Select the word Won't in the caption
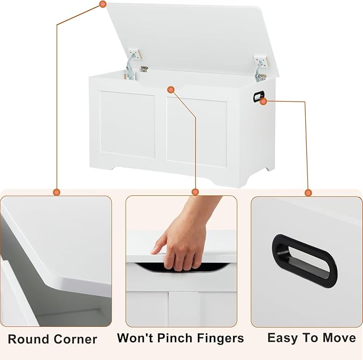coord(135,338)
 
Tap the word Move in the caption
coord(339,338)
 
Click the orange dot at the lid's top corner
coord(103,4)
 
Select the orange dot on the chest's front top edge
coord(171,90)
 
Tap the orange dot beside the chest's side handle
coord(263,101)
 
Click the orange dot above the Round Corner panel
coord(57,192)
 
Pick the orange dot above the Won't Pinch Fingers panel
coord(195,192)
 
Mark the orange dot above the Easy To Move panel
coord(308,193)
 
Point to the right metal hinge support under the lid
coord(260,69)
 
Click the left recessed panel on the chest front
coord(127,125)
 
